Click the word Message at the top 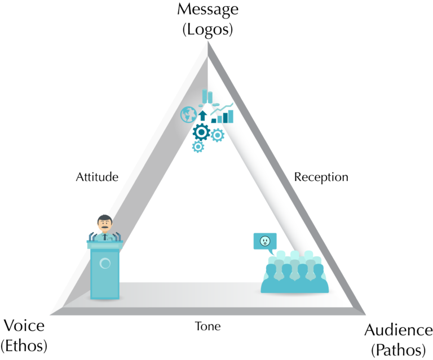tap(208, 10)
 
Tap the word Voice tap(24, 326)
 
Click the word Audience tap(398, 330)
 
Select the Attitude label tap(97, 177)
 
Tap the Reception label tap(321, 177)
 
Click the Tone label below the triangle tap(207, 327)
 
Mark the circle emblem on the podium tap(104, 263)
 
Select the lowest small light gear tap(197, 146)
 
